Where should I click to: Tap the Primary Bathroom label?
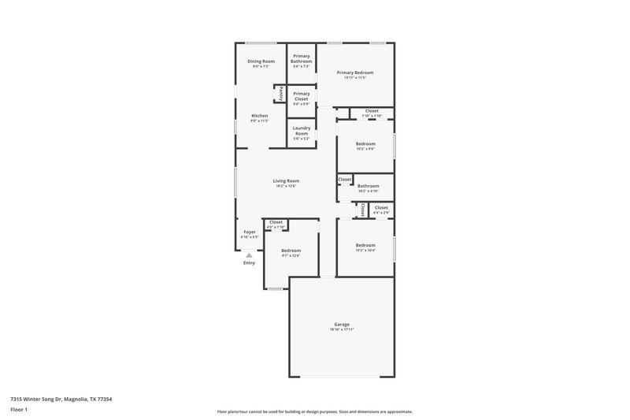pos(302,58)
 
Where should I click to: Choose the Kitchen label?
pos(260,116)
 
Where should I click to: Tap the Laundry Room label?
pos(302,131)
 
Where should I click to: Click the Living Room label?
pos(286,180)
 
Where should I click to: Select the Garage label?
pos(341,324)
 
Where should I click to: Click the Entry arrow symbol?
pos(249,255)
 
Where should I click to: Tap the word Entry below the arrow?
pos(249,262)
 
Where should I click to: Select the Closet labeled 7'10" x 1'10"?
pos(372,111)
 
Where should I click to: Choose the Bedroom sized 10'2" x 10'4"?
pos(365,245)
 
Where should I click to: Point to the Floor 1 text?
pos(19,410)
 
